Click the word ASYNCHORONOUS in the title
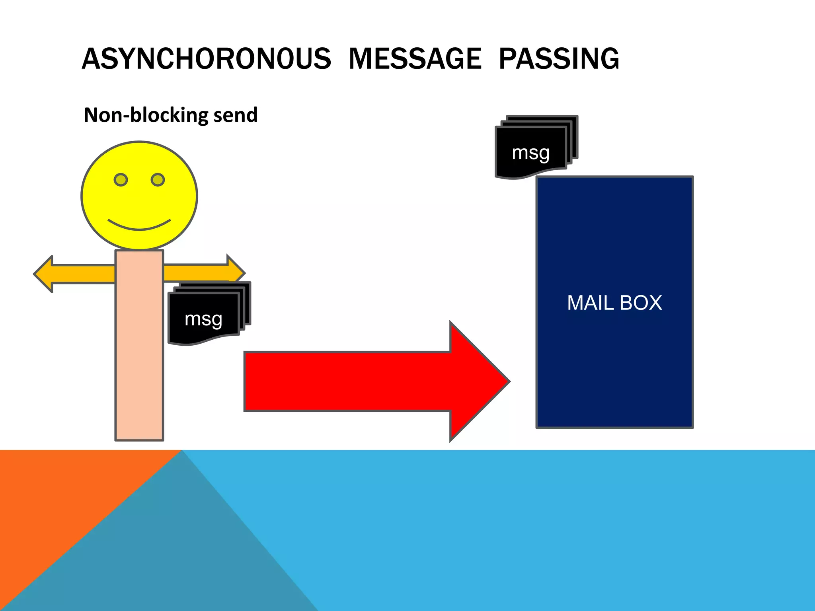(x=206, y=59)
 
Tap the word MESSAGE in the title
(x=415, y=59)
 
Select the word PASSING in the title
(x=559, y=59)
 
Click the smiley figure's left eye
(x=121, y=180)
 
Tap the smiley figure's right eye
(x=158, y=180)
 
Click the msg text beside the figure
(x=203, y=319)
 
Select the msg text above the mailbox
(x=531, y=153)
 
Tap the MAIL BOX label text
(x=614, y=303)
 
